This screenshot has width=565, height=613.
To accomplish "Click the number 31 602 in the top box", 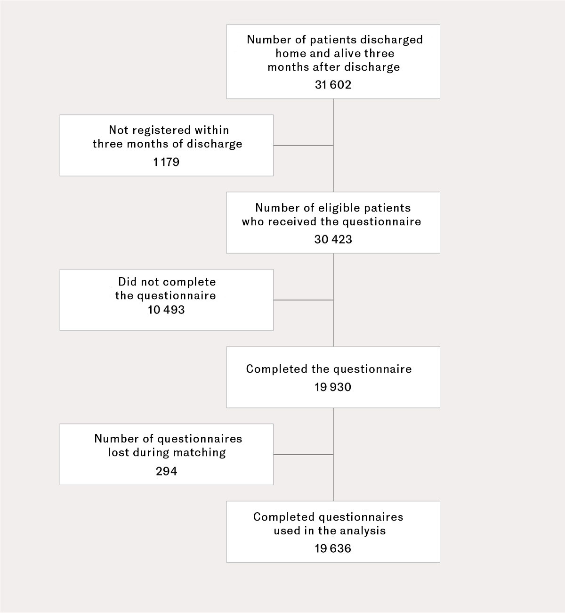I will pos(333,85).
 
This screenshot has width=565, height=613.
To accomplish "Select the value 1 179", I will pos(166,162).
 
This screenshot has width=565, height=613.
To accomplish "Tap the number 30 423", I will pos(333,239).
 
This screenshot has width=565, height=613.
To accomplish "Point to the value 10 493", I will pos(166,310).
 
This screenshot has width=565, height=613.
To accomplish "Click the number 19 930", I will pos(333,387).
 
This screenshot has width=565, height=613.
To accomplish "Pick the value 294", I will pos(166,471).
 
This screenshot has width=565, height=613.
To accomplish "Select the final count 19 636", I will pos(333,548).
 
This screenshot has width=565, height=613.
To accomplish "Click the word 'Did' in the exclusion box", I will pos(127,282).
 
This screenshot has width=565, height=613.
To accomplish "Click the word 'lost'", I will pos(119,452).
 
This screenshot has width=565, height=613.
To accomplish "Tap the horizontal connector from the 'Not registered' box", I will pos(303,145).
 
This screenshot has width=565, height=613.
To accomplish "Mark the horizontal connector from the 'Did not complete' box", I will pos(303,300).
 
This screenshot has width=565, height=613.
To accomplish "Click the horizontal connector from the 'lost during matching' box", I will pos(303,454).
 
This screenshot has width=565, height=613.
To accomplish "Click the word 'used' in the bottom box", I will pos(287,531).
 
